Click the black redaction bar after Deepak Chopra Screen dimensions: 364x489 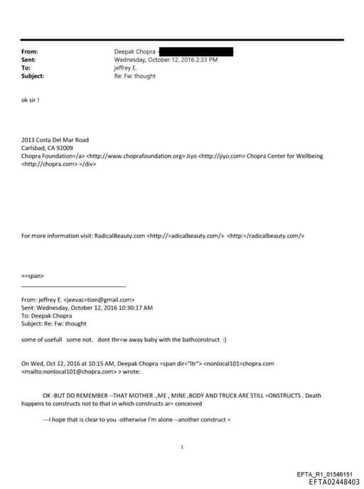[196, 52]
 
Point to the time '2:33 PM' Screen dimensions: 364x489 [205, 60]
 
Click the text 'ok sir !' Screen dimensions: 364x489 [31, 100]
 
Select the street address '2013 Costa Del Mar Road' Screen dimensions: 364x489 [55, 140]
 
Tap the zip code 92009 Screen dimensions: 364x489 [64, 147]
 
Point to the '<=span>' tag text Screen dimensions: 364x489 [33, 275]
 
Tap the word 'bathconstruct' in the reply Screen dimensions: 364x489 [198, 340]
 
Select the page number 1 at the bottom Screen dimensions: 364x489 [183, 447]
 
